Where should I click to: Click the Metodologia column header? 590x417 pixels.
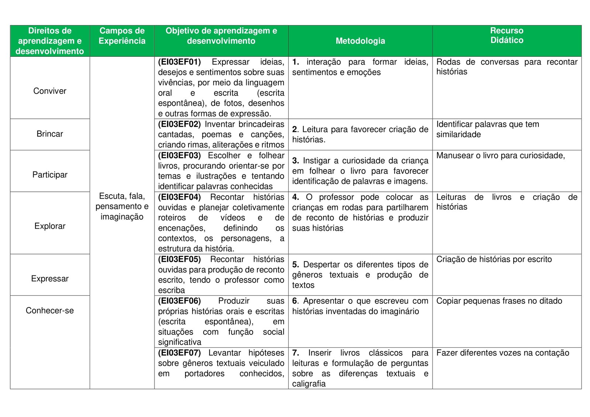360,41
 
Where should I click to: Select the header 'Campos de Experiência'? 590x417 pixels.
122,36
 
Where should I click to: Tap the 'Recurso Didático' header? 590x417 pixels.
507,35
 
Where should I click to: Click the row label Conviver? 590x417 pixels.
50,91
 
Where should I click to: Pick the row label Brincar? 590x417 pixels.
50,134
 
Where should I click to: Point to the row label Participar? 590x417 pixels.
50,175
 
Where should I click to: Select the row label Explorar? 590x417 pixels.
50,226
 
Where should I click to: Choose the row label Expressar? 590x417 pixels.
50,279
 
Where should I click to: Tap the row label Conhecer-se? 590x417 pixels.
50,310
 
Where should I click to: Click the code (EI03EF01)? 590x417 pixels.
180,62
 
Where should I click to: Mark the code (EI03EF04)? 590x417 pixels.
180,197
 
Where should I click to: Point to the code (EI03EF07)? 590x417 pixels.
180,353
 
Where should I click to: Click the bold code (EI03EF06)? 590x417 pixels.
180,301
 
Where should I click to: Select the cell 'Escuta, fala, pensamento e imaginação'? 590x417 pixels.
122,206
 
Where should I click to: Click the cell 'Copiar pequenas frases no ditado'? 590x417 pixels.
499,301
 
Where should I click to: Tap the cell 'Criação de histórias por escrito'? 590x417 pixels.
494,259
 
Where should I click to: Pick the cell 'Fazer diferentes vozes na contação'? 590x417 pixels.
503,353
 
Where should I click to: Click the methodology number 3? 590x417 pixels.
295,161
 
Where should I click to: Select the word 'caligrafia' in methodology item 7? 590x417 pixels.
309,384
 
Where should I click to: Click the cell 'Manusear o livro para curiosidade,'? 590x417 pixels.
500,156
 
